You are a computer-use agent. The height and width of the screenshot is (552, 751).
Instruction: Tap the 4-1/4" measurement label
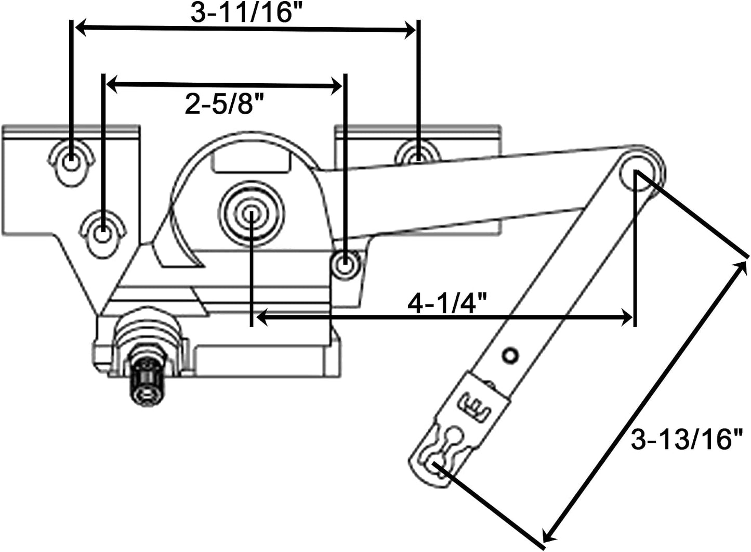447,303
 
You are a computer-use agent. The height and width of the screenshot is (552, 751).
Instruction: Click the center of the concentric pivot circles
252,213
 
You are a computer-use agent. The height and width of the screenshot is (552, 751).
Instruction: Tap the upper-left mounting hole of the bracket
71,165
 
